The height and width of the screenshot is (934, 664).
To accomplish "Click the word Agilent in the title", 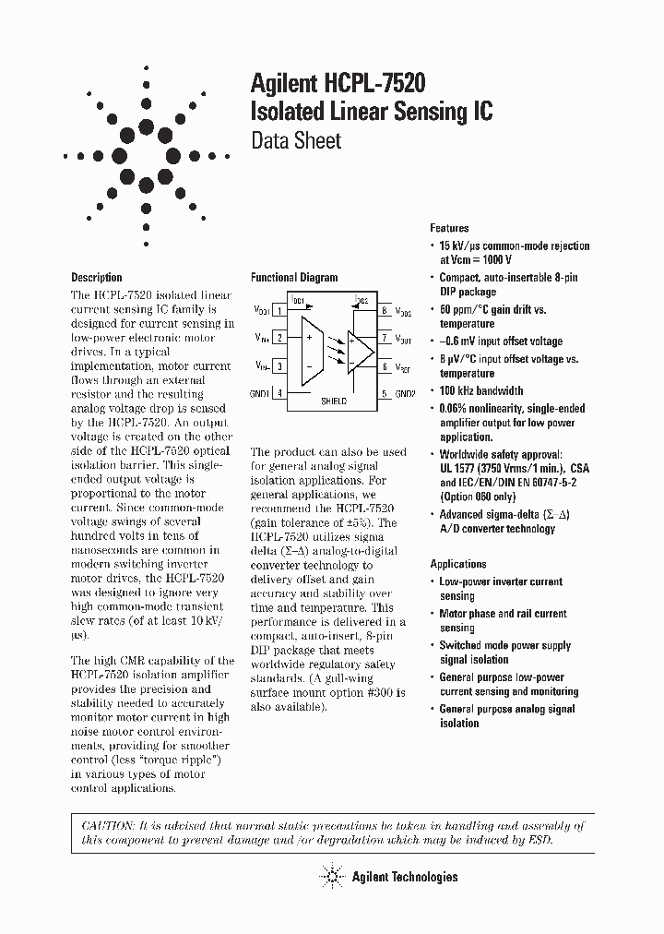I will [x=284, y=84].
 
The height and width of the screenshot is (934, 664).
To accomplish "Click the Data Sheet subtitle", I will [x=296, y=141].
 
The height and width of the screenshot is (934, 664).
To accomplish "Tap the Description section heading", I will [x=97, y=277].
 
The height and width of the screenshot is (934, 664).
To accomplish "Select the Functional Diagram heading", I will [x=294, y=277].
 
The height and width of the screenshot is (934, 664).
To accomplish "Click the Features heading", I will [x=449, y=228].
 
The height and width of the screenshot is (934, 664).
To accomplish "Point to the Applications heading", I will [x=458, y=564].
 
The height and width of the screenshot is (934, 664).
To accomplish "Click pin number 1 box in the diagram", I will [x=279, y=311].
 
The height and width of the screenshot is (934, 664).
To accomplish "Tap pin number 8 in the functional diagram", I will [x=384, y=311].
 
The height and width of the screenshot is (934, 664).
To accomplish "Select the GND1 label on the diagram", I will [x=259, y=394].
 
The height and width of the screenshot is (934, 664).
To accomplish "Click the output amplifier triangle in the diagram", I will [x=361, y=352].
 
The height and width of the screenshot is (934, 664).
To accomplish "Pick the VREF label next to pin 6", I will [x=404, y=366].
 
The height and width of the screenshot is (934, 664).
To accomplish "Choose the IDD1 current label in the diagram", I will [x=297, y=300].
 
